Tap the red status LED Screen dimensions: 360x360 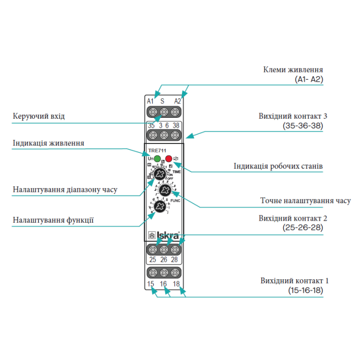pos(169,159)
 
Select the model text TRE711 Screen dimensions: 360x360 pos(157,150)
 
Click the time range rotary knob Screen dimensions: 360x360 pos(159,175)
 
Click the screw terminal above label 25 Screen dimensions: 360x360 pos(153,249)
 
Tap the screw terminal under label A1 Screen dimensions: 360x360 pos(153,112)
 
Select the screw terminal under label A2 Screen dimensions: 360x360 pos(175,112)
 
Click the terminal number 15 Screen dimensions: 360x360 pos(151,284)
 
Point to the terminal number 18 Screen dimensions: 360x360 pos(176,284)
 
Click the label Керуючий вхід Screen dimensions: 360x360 pos(39,116)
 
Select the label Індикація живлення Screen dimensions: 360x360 pos(48,142)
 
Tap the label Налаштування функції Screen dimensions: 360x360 pos(53,220)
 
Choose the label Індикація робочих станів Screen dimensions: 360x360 pos(278,166)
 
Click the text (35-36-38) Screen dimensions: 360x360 pos(303,125)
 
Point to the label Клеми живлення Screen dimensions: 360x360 pos(293,70)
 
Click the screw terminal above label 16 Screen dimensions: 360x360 pos(164,273)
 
